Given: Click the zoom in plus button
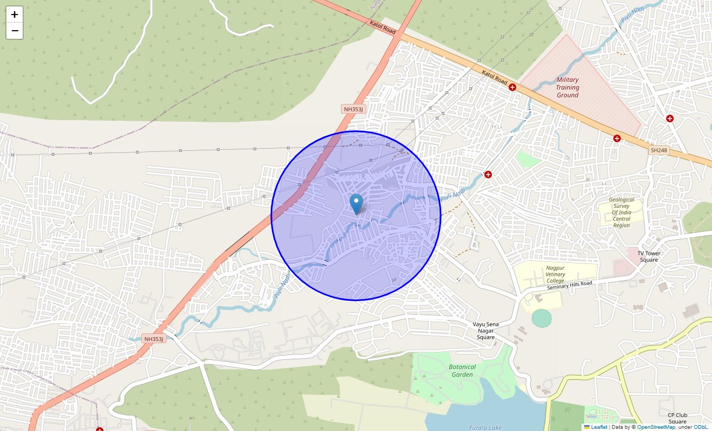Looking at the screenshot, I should point(15,15).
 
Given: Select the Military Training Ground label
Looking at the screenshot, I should point(567,87).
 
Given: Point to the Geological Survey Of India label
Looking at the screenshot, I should point(621,212).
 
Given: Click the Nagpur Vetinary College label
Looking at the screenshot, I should point(555,274).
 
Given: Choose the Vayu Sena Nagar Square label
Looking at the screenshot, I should point(485,331).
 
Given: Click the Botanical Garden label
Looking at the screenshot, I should point(462,371).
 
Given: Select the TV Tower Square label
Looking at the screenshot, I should point(649,256).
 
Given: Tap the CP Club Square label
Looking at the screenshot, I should point(677,418).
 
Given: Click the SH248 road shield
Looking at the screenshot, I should point(659,150).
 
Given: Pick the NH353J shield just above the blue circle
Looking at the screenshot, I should point(354,109).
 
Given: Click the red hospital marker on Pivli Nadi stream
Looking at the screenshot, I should point(488,174).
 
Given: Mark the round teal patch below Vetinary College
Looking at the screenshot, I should point(542,318).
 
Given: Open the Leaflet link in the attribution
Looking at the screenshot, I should point(599,427).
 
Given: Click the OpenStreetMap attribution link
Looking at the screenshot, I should point(656,427).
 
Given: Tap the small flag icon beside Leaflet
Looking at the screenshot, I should point(587,427).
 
